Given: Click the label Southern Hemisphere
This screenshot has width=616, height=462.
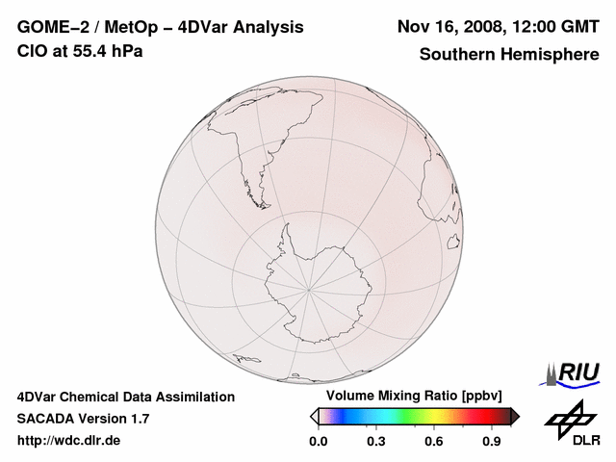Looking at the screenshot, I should click(x=508, y=54).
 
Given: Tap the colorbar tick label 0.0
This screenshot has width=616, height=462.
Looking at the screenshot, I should click(x=319, y=442).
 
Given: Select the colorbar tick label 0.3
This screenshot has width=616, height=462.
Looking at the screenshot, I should click(x=376, y=442).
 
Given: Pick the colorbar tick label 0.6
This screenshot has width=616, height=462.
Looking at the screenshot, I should click(x=434, y=442).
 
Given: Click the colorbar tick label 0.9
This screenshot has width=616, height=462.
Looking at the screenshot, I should click(x=492, y=442).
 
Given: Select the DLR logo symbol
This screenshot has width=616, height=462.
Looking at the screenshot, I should click(x=570, y=417).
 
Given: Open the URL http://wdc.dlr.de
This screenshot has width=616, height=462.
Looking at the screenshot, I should click(x=69, y=441).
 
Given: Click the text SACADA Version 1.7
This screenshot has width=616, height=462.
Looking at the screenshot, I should click(x=83, y=419).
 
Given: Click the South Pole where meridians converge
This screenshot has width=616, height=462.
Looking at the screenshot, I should click(x=309, y=288).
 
